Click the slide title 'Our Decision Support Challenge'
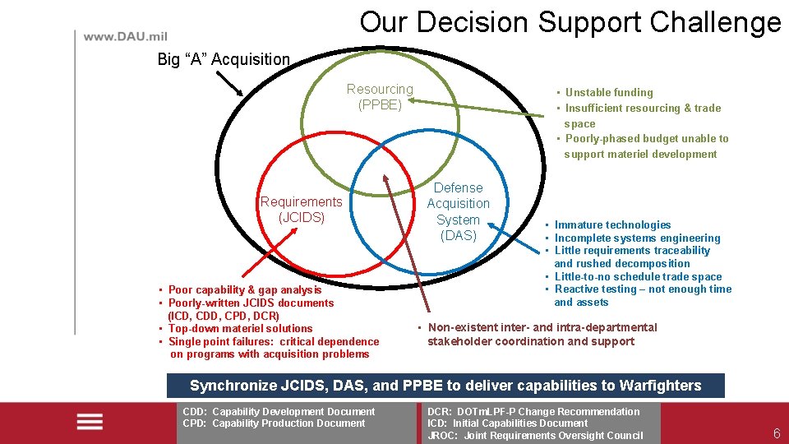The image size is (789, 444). [570, 22]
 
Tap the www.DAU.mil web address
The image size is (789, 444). [125, 37]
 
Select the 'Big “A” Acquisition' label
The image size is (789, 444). [224, 59]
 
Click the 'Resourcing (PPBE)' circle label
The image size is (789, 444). [380, 97]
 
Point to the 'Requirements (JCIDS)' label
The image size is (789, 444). [301, 210]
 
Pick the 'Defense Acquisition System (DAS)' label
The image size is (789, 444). [458, 211]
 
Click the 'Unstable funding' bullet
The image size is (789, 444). [608, 93]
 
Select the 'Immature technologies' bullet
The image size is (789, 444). [612, 224]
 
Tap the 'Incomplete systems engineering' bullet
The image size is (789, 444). [637, 238]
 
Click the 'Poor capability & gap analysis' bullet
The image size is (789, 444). [244, 289]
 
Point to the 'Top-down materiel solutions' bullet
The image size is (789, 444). [240, 328]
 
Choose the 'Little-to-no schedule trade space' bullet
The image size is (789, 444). [638, 276]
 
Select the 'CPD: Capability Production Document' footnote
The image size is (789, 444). [274, 423]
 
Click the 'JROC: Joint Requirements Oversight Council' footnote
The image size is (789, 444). [535, 436]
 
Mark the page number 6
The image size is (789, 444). [777, 434]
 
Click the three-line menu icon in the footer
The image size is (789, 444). [89, 422]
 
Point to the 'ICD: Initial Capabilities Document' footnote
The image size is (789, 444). [507, 423]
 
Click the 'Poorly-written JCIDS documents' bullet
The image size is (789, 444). [251, 303]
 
